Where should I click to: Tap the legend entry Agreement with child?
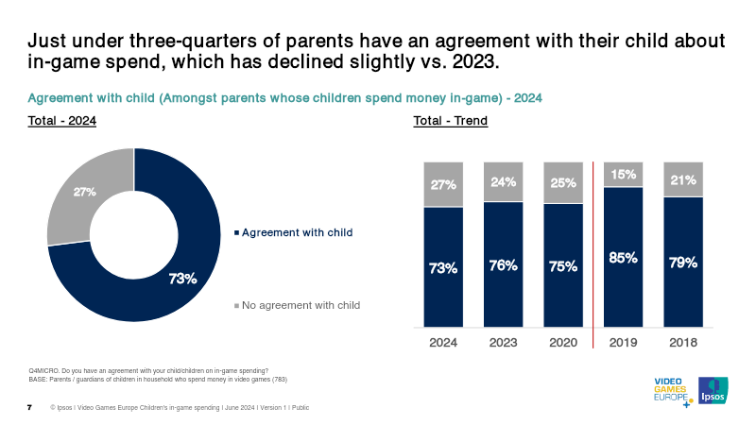pos(298,232)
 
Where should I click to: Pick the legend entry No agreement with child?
pos(301,305)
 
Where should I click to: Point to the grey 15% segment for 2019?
pos(623,175)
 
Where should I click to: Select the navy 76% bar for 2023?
pos(503,264)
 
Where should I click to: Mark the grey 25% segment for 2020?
pos(563,182)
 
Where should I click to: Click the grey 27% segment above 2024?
pos(443,184)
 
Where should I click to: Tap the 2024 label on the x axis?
pos(443,343)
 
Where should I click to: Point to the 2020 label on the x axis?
pos(563,343)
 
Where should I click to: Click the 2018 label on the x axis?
pos(683,343)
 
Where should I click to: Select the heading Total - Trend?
pos(450,121)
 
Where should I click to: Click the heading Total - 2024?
pos(62,121)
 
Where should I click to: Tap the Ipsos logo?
pos(712,392)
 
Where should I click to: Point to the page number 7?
pos(29,407)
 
